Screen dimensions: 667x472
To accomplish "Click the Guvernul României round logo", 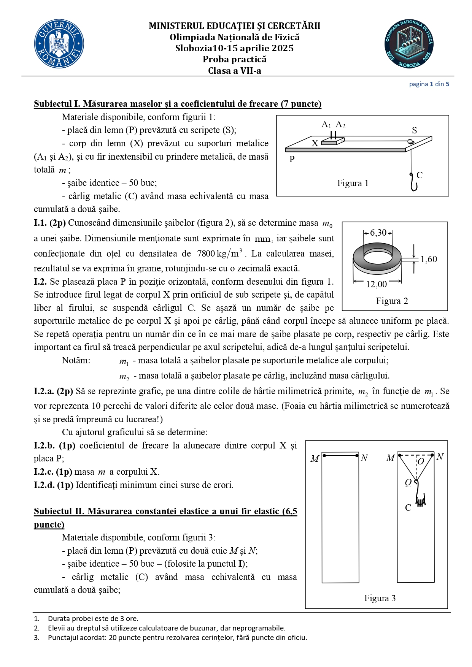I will [x=59, y=44].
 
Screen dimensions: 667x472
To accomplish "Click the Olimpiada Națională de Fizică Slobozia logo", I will [x=409, y=44].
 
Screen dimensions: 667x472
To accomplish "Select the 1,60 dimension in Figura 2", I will [x=429, y=259].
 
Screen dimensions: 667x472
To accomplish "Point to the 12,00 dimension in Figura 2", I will [x=376, y=284].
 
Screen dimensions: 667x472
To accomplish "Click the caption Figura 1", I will [x=353, y=183].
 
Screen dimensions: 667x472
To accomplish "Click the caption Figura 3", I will [x=380, y=598].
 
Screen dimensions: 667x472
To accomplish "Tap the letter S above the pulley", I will [x=415, y=130].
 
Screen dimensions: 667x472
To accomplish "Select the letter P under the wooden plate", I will [x=292, y=159].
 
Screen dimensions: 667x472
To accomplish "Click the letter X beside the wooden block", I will [x=315, y=143].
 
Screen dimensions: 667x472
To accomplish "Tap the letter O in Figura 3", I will [x=421, y=461].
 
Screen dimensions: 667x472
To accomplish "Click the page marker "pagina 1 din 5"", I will [x=429, y=84].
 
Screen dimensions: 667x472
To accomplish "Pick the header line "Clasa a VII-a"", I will [x=234, y=71].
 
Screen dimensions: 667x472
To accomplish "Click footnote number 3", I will [x=37, y=638].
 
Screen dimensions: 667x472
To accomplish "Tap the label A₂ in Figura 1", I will [x=340, y=125].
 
